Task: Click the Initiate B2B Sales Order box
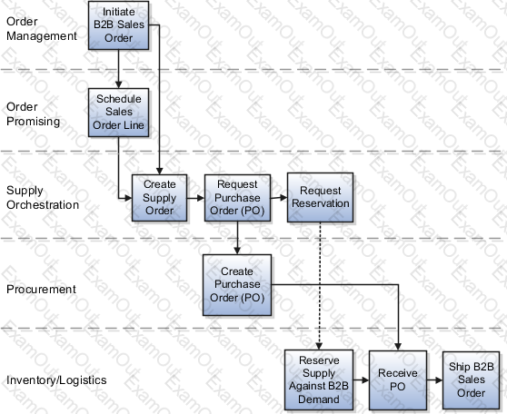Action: pos(119,25)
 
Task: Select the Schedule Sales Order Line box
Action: pos(119,113)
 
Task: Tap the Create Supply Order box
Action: pos(159,198)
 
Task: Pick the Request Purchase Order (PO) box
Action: pos(237,198)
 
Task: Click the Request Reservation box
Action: pos(320,197)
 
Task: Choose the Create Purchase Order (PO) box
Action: pos(237,285)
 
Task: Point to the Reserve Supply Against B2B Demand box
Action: pos(319,379)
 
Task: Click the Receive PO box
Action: pos(398,380)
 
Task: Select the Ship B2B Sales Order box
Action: pos(471,380)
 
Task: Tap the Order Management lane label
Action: pos(42,29)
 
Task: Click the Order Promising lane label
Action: pos(33,114)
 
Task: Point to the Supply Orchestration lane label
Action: pos(43,197)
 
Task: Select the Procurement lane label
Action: pos(41,290)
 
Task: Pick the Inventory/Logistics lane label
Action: pos(56,380)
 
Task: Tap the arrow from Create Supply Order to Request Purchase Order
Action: pos(195,198)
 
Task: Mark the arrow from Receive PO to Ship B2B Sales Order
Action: pos(434,380)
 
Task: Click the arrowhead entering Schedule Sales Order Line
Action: pos(119,84)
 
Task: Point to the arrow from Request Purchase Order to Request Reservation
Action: pos(279,197)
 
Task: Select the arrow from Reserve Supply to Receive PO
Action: pos(362,380)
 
